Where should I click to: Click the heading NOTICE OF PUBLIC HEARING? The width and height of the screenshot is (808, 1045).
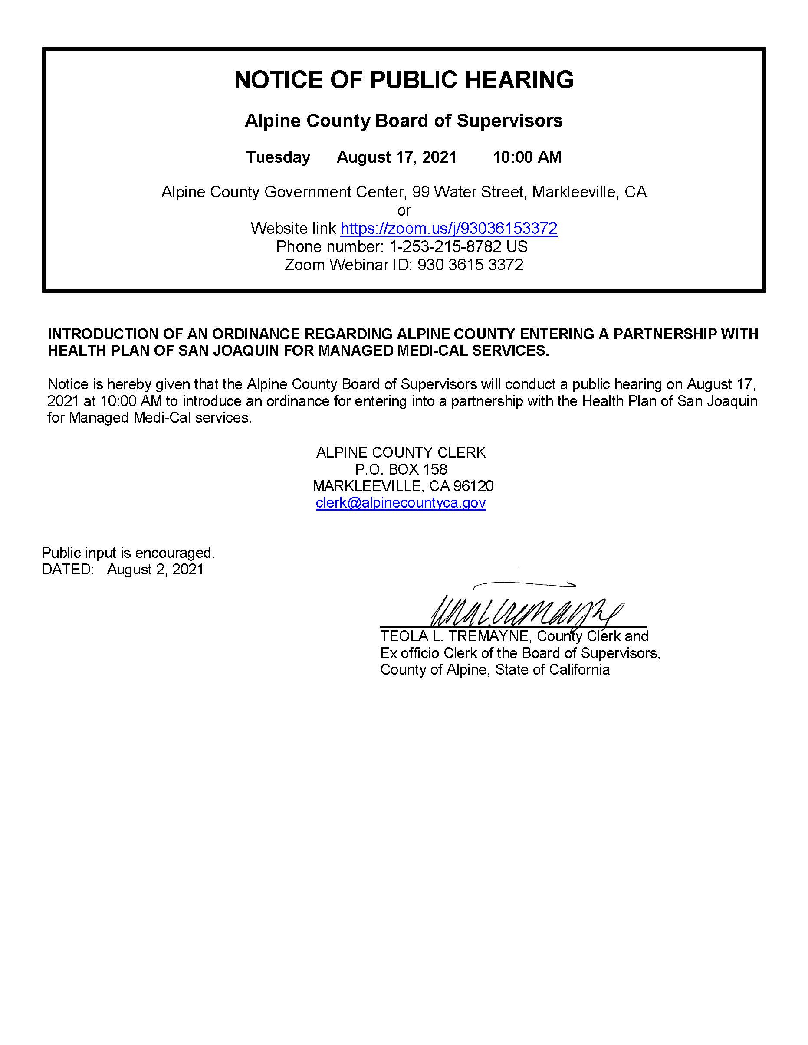[404, 80]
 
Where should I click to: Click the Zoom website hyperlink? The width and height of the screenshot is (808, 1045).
[449, 228]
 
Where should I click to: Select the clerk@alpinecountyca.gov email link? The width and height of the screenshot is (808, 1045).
[401, 502]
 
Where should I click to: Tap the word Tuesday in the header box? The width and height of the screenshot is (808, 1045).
[278, 157]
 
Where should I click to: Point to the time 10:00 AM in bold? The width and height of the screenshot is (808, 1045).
[526, 157]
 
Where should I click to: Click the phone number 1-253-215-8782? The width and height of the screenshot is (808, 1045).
[445, 246]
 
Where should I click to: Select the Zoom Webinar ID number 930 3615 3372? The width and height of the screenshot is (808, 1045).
[470, 265]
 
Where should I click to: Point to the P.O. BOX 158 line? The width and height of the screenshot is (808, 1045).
[401, 469]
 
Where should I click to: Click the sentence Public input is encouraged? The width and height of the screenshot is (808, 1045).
[128, 553]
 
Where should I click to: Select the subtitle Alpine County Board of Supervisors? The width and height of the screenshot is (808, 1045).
[404, 121]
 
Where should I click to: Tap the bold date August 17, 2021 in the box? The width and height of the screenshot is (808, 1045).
[397, 157]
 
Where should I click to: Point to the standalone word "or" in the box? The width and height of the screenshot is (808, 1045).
[404, 210]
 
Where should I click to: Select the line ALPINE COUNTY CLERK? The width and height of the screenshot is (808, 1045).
[401, 452]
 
